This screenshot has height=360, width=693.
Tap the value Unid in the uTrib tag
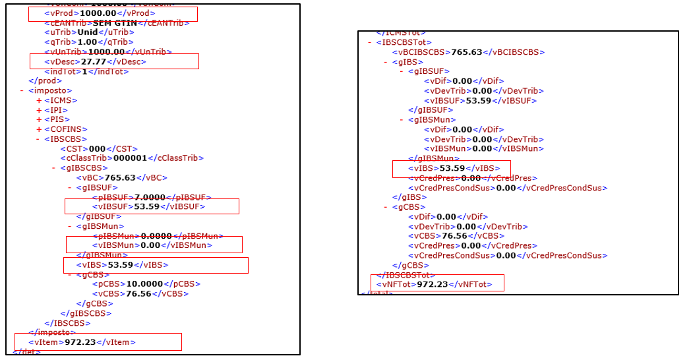pyautogui.click(x=88, y=32)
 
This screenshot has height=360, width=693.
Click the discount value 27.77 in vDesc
pyautogui.click(x=92, y=61)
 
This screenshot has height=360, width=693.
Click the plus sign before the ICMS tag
pyautogui.click(x=39, y=100)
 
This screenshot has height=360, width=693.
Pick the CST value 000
pyautogui.click(x=97, y=148)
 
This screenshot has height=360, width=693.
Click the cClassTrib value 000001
pyautogui.click(x=132, y=158)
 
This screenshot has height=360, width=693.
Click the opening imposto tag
pyautogui.click(x=50, y=90)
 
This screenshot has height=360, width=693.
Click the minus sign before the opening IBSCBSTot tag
pyautogui.click(x=370, y=42)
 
